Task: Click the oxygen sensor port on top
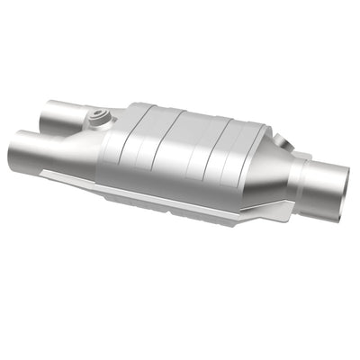96,117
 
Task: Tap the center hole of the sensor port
96,115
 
